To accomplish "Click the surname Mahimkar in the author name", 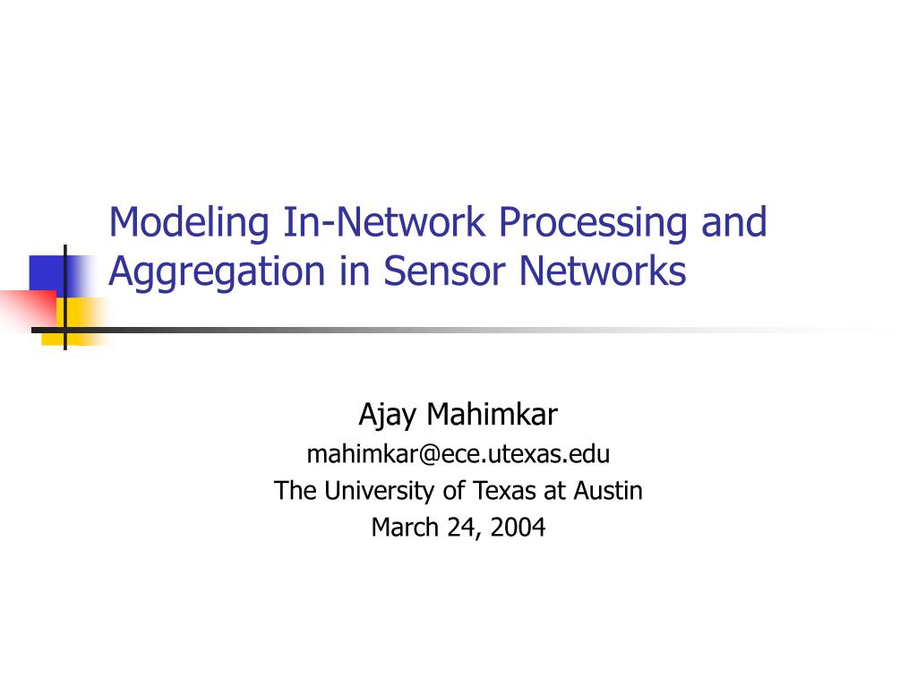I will point(492,415).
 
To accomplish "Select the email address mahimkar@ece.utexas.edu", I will point(458,455).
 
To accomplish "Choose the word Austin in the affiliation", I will point(610,491).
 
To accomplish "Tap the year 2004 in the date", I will point(518,528).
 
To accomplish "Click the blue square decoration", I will point(47,273).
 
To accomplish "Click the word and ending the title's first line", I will point(734,222).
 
